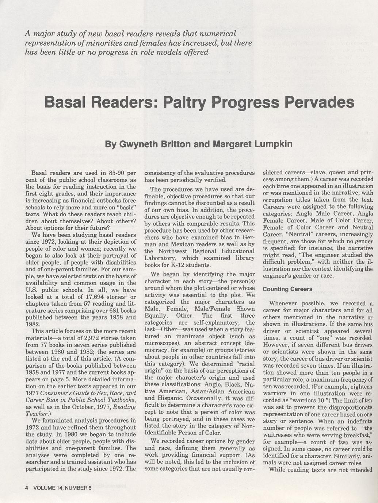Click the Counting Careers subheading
click(287, 289)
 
